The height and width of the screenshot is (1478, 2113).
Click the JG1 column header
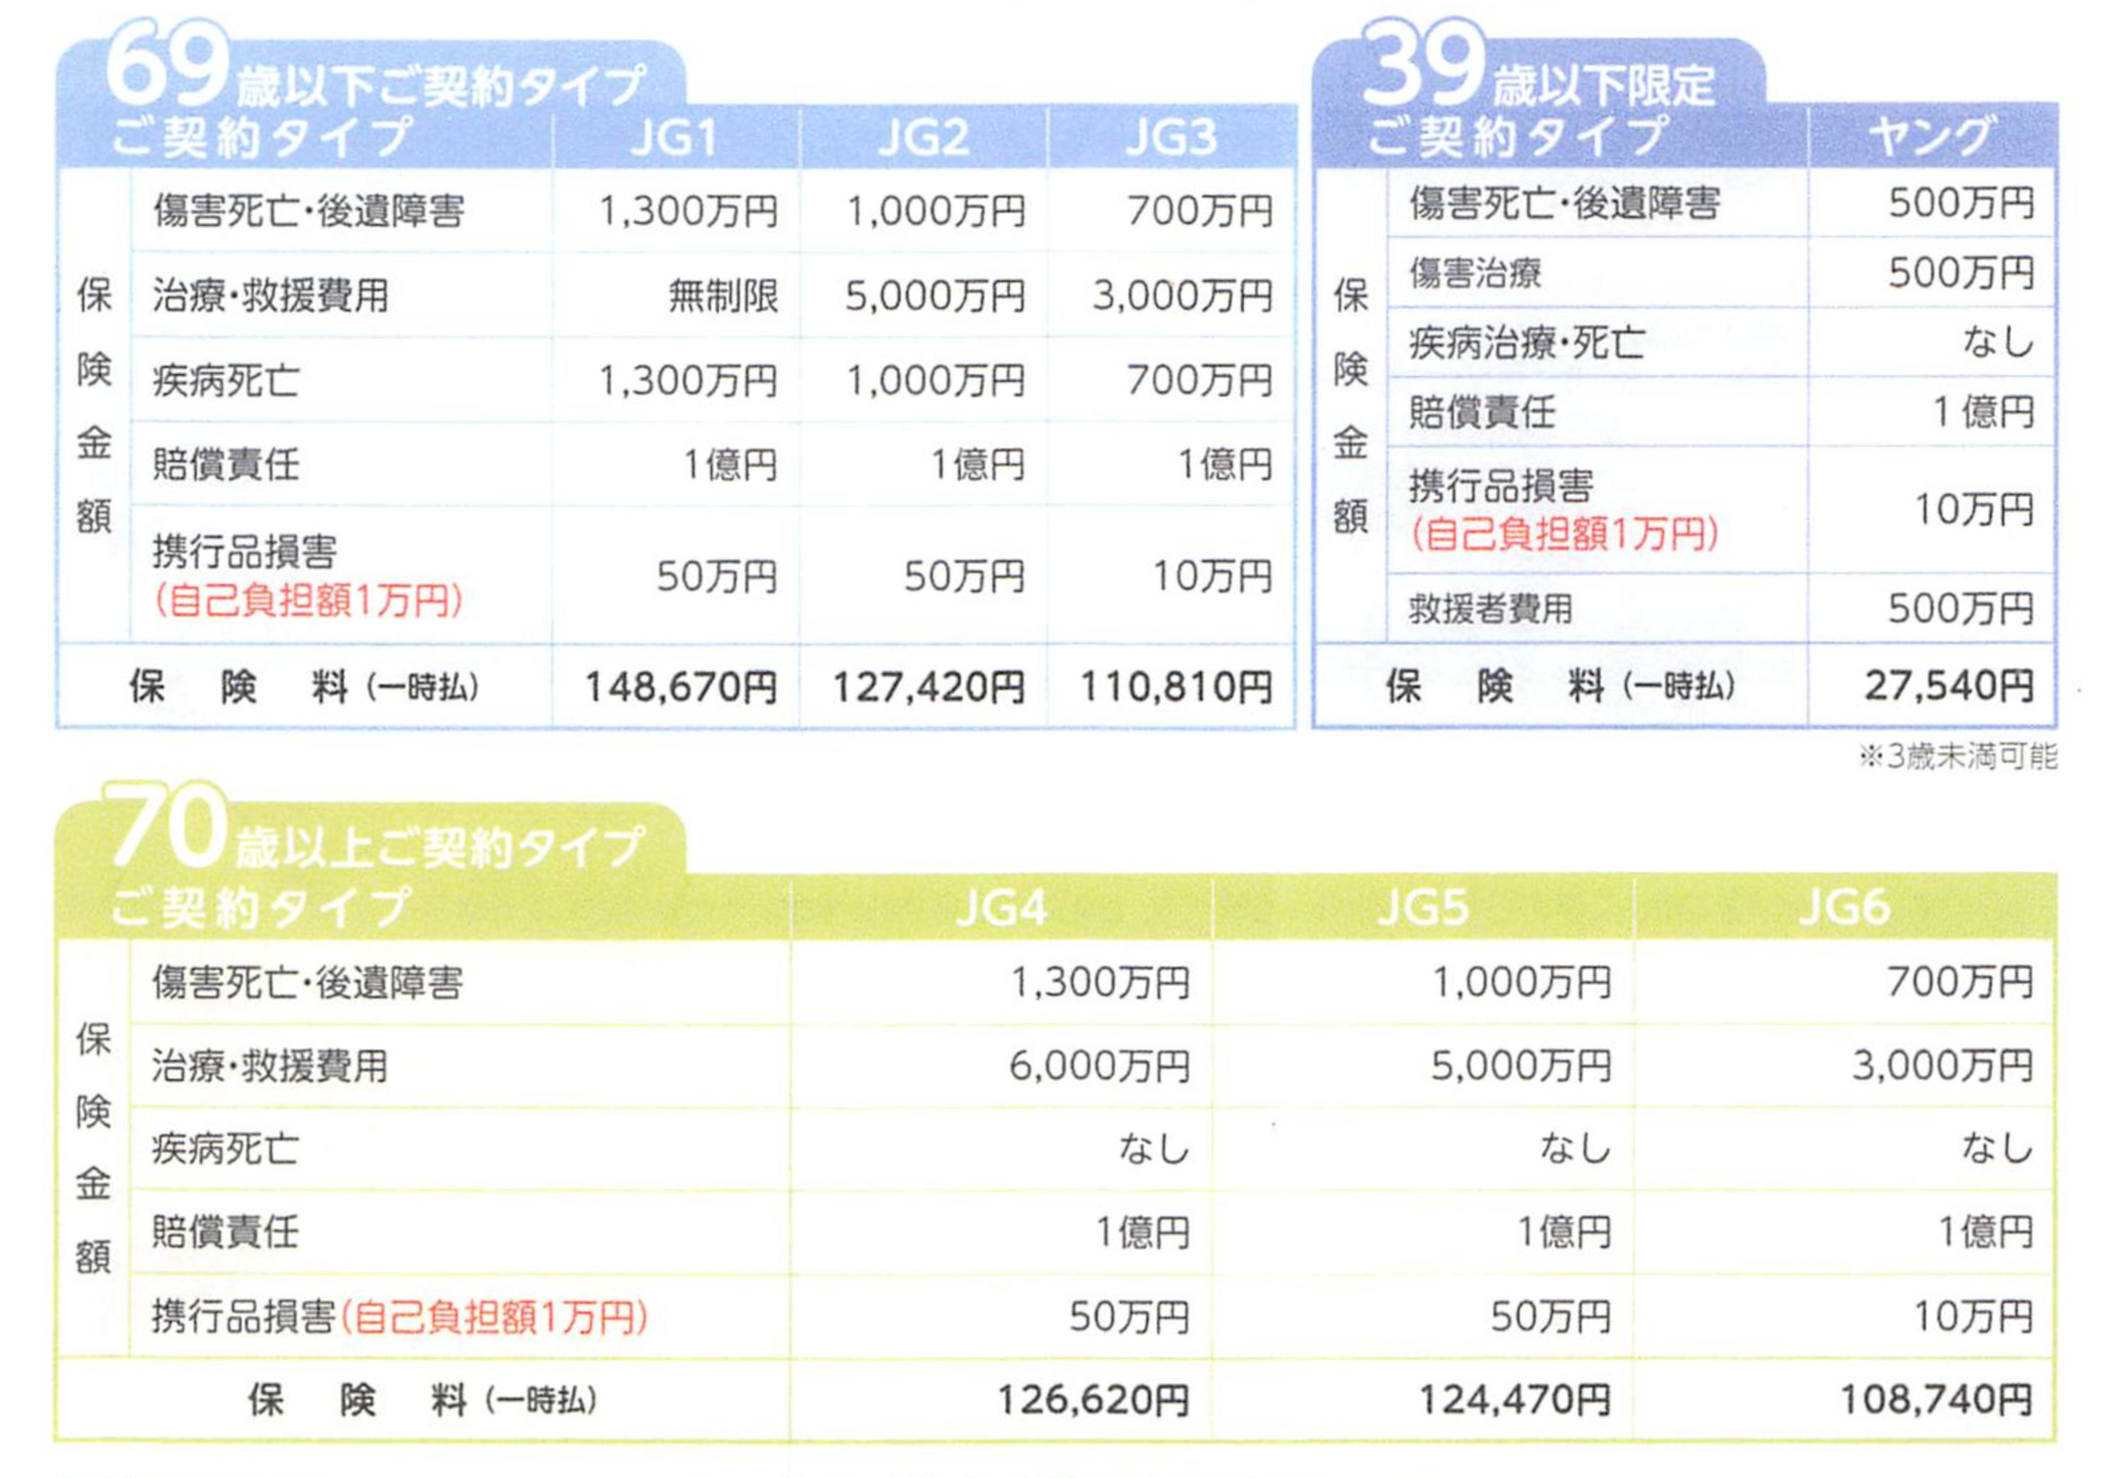[x=674, y=138]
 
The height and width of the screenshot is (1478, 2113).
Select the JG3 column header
[x=1170, y=138]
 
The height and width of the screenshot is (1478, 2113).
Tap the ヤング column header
[x=1931, y=136]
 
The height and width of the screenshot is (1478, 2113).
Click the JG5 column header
[x=1422, y=909]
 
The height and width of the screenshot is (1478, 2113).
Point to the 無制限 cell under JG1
[x=724, y=296]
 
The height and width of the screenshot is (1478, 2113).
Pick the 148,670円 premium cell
[x=681, y=687]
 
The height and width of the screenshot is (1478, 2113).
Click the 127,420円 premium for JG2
[x=927, y=687]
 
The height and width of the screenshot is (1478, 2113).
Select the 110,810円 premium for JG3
[x=1175, y=687]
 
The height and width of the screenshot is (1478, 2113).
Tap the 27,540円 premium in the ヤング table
[x=1948, y=685]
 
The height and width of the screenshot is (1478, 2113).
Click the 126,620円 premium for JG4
[x=1093, y=1400]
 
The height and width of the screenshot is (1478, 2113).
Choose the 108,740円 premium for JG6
[x=1935, y=1400]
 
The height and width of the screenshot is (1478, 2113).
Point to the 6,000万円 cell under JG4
[x=1099, y=1066]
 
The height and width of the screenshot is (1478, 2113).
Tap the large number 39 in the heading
[x=1422, y=65]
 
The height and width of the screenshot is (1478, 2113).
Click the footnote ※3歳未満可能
[x=1958, y=756]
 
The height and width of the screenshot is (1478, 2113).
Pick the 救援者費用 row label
[x=1490, y=608]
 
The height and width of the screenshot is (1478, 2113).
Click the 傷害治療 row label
[x=1474, y=274]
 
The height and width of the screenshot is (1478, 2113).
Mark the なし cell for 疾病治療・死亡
[x=1997, y=343]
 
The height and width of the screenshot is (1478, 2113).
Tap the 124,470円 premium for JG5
[x=1515, y=1400]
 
